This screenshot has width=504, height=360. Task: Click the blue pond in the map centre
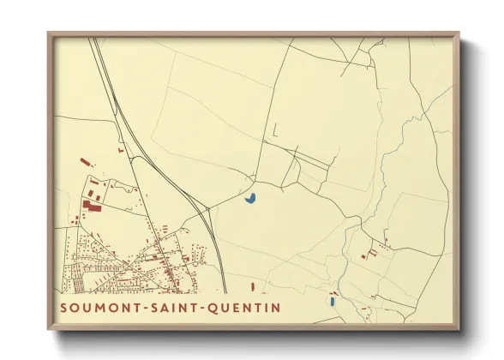251,199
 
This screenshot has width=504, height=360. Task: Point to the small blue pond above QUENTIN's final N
331,301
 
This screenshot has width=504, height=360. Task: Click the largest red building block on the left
92,206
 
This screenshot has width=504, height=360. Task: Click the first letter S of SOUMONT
65,306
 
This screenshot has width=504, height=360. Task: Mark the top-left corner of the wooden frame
48,33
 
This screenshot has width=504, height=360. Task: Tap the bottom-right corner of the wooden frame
459,330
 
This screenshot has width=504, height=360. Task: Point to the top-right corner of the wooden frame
459,33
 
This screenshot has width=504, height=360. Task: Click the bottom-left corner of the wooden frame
48,330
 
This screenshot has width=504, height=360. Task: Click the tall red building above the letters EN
254,287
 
